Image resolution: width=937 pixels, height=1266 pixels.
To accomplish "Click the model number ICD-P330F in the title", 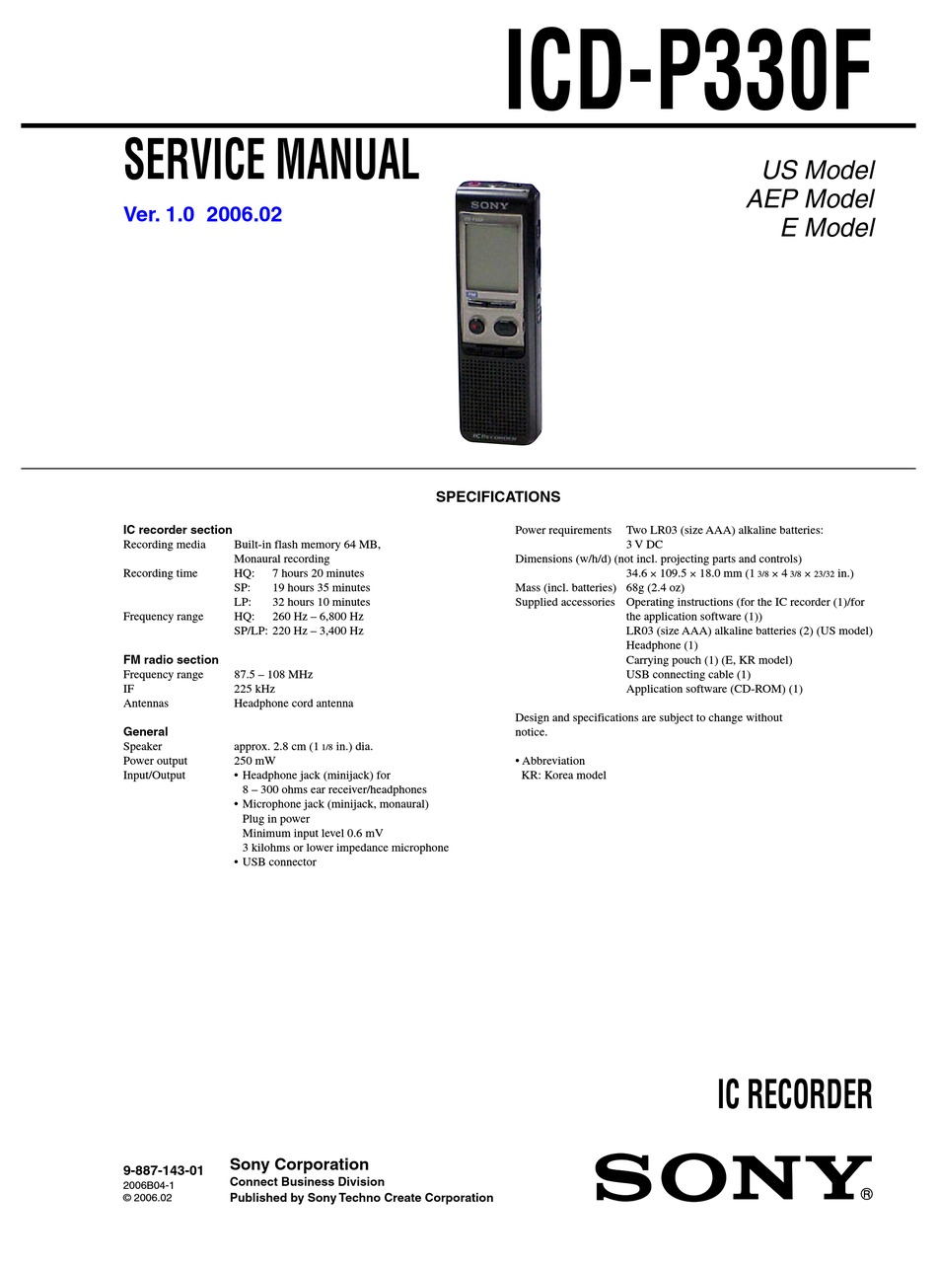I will [x=688, y=71].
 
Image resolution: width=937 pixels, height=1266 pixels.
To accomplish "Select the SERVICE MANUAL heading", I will [x=271, y=160].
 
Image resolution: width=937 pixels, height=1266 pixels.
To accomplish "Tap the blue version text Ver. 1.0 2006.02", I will [x=202, y=214].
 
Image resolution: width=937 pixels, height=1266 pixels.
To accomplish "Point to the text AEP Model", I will [x=810, y=198].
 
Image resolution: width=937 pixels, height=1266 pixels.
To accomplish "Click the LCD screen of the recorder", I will [x=489, y=251].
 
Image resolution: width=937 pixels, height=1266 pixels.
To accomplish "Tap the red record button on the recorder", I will [x=475, y=326].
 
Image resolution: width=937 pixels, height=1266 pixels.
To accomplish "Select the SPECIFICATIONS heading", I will [x=497, y=497].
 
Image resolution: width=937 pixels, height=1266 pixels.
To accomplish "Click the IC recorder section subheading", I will [x=178, y=530].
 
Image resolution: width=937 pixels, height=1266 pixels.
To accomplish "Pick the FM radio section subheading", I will [x=171, y=660].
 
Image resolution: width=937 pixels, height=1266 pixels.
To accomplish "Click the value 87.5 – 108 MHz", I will [x=273, y=675].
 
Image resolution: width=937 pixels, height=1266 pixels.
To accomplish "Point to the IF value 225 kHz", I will [x=254, y=689].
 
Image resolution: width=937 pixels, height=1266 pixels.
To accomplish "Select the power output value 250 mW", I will [x=254, y=761].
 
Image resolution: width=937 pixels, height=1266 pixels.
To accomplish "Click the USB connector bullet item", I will [x=279, y=862].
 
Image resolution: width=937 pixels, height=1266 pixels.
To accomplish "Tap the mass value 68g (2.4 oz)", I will [x=655, y=588].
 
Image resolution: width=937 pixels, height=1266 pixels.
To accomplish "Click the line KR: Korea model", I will [x=563, y=776].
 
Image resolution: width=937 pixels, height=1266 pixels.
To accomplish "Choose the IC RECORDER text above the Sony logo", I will [x=794, y=1095].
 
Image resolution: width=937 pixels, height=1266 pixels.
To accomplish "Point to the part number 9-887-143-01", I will [x=163, y=1171].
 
